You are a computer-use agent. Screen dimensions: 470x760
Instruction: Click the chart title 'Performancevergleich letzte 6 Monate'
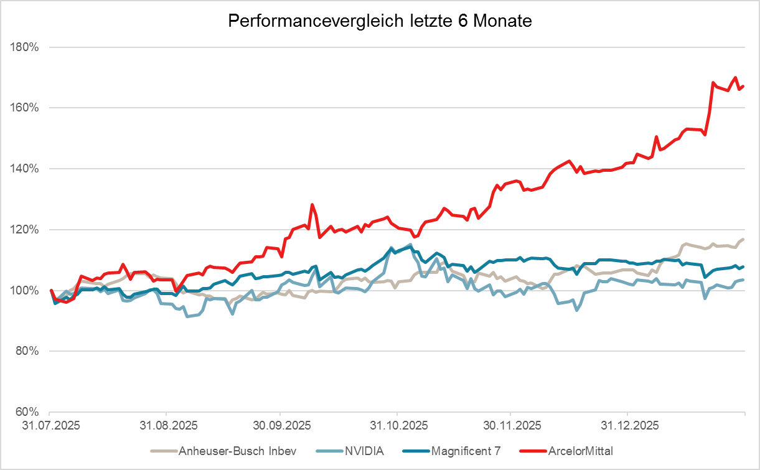tap(380, 21)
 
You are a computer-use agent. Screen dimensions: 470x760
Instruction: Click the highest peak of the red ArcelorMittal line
tap(735, 78)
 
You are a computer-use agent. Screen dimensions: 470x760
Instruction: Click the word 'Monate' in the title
tap(502, 21)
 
